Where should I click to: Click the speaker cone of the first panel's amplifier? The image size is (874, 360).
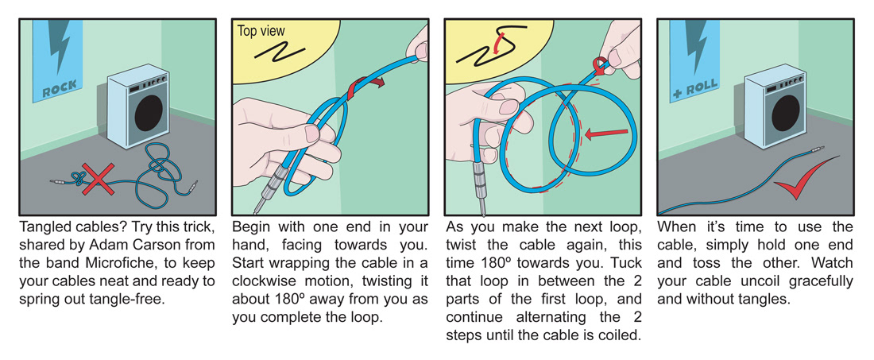click(152, 115)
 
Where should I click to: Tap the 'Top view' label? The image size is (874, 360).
click(261, 32)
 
